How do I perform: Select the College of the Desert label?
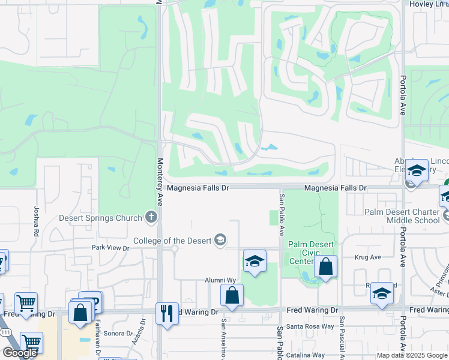(172, 241)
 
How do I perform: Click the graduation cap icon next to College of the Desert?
(220, 241)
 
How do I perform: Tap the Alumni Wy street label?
(219, 280)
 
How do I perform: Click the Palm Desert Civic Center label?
(310, 253)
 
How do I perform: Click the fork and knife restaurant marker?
(167, 313)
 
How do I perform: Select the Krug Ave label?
(367, 257)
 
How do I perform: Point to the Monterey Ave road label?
(160, 174)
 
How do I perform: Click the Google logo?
(20, 353)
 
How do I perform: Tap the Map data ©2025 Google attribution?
(411, 355)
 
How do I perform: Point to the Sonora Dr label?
(118, 333)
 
